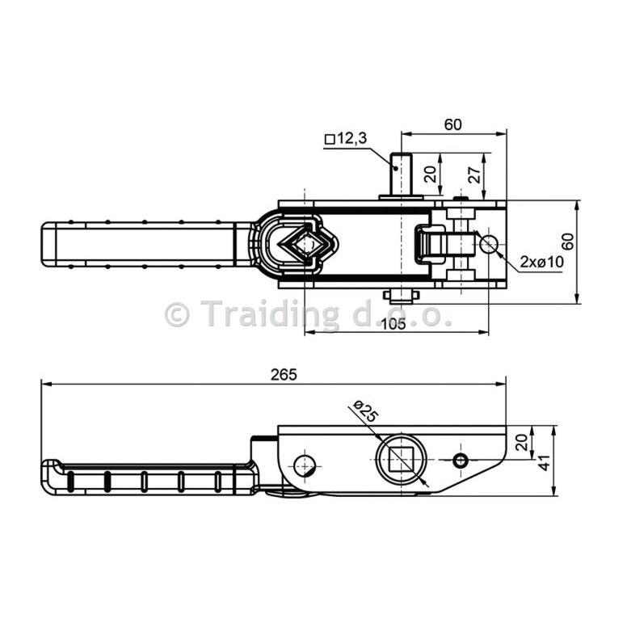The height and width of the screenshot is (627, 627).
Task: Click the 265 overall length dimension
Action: point(284,375)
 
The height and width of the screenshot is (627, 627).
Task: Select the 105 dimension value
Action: point(393,324)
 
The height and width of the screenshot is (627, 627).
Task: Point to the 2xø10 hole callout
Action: point(542,262)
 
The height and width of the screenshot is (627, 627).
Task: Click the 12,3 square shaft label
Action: point(347,139)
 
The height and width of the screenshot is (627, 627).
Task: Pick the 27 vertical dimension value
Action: point(474,175)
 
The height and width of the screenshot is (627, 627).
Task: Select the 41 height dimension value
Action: point(545,463)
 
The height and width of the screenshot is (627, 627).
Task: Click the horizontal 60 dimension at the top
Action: point(453,124)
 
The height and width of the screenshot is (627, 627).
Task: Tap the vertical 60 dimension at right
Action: point(568,241)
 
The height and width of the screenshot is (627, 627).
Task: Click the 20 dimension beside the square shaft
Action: point(431,175)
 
